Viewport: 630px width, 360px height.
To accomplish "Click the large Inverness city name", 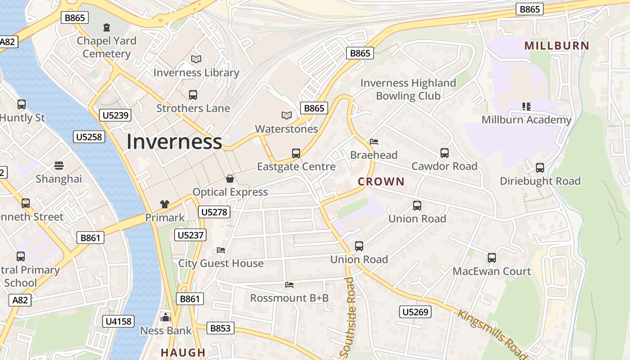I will coord(174,142).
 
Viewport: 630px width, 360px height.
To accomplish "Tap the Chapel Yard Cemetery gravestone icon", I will coord(107,27).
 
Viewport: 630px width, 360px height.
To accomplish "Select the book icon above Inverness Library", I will coord(196,59).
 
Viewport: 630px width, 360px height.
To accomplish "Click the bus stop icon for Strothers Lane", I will coord(193,95).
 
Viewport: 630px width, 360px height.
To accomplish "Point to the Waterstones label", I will coord(286,129).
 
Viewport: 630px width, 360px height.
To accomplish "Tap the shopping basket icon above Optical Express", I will coord(230,179).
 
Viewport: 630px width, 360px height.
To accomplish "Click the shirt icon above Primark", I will coord(165,204).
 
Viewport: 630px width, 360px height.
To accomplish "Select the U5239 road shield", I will coord(116,115).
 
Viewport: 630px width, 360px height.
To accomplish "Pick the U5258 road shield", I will coord(89,137).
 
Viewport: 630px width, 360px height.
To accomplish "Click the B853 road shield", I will coord(220,328).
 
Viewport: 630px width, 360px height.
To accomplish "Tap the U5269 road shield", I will coord(415,312).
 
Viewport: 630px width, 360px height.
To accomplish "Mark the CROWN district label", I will coord(381,182).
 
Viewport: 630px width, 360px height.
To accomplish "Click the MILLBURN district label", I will coord(557,45).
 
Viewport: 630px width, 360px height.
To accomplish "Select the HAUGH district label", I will coord(183,352).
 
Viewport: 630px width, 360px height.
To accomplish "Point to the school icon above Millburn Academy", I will coord(526,107).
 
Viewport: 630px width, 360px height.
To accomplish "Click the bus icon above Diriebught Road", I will coord(540,168).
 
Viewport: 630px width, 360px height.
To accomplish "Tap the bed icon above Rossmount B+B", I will coord(289,285).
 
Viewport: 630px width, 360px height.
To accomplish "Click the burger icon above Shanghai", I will coord(59,166).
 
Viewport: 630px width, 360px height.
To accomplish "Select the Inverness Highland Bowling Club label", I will coord(408,89).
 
